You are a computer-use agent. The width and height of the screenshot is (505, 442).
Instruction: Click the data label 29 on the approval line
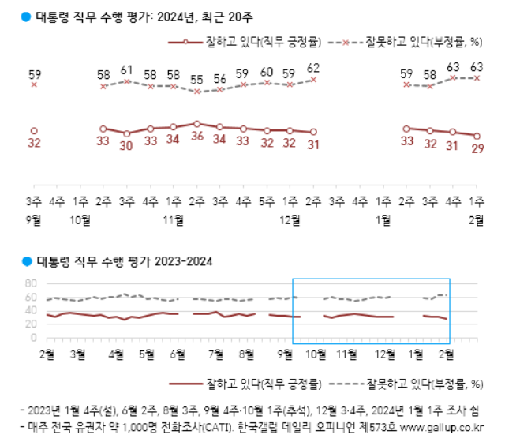pyautogui.click(x=477, y=150)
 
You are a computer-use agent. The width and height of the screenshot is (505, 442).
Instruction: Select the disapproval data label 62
pyautogui.click(x=313, y=67)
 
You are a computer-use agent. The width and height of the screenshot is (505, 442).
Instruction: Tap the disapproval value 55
pyautogui.click(x=196, y=80)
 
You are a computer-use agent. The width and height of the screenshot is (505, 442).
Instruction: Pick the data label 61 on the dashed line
pyautogui.click(x=127, y=69)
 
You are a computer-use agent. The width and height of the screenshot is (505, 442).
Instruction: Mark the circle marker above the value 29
pyautogui.click(x=477, y=136)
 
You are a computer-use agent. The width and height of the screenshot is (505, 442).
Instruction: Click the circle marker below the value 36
pyautogui.click(x=196, y=124)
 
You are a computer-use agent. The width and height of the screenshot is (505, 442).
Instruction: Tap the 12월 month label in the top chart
pyautogui.click(x=290, y=220)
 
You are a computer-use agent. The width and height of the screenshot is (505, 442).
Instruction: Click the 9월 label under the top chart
pyautogui.click(x=34, y=220)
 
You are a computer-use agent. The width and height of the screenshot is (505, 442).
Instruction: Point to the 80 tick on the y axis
pyautogui.click(x=32, y=284)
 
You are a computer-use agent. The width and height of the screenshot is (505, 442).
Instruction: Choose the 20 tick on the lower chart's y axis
pyautogui.click(x=32, y=324)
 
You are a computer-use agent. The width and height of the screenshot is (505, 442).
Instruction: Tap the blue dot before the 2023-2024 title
pyautogui.click(x=26, y=260)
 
